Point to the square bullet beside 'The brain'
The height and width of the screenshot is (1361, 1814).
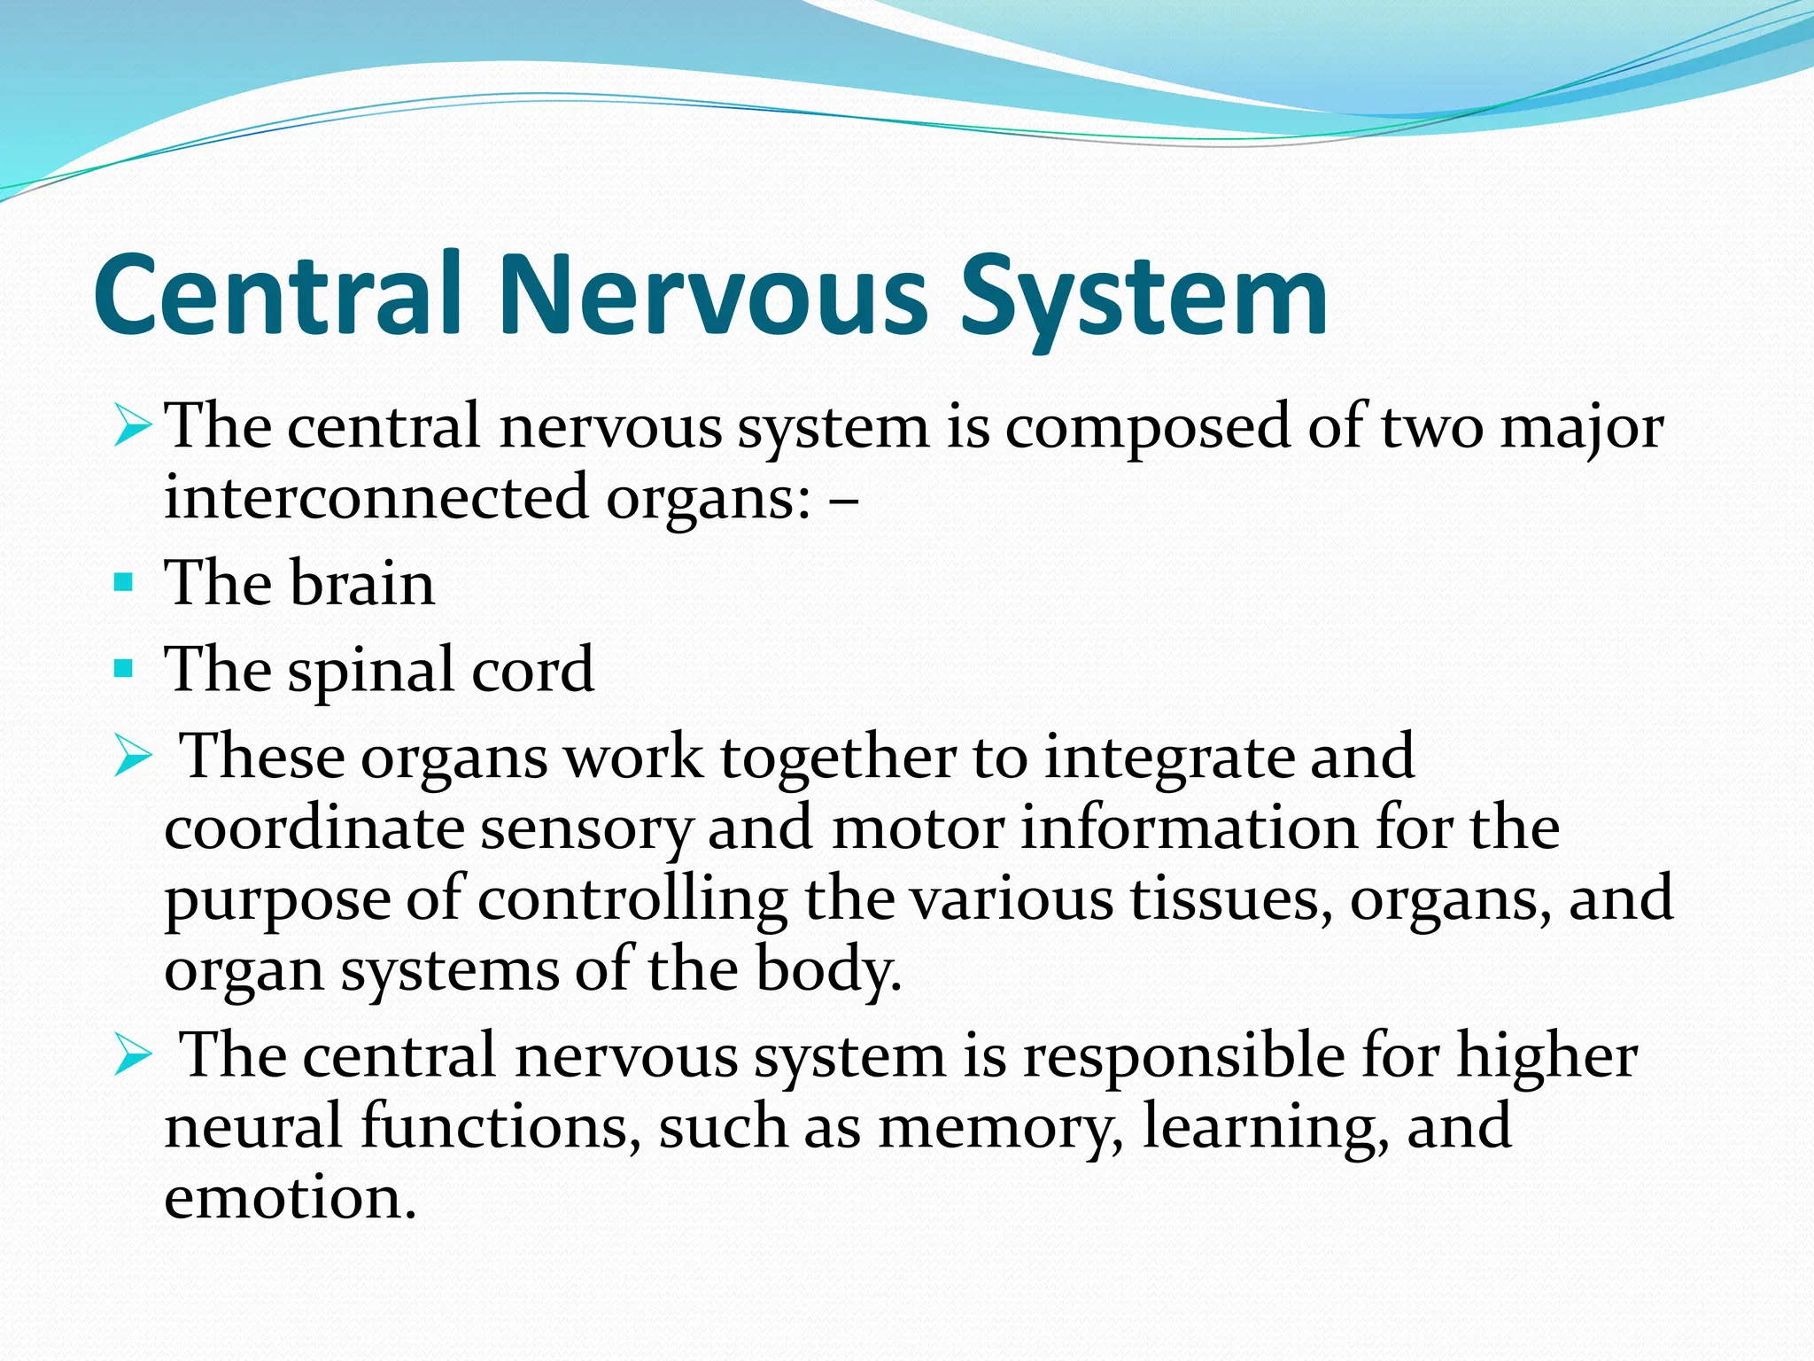click(x=124, y=583)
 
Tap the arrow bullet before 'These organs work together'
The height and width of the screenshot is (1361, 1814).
click(x=133, y=758)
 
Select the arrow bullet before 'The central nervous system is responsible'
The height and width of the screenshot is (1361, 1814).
click(x=133, y=1056)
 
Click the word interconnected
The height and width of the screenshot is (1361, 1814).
click(x=376, y=497)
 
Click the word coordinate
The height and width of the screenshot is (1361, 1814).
click(x=314, y=828)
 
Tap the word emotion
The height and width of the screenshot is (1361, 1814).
click(x=290, y=1198)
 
